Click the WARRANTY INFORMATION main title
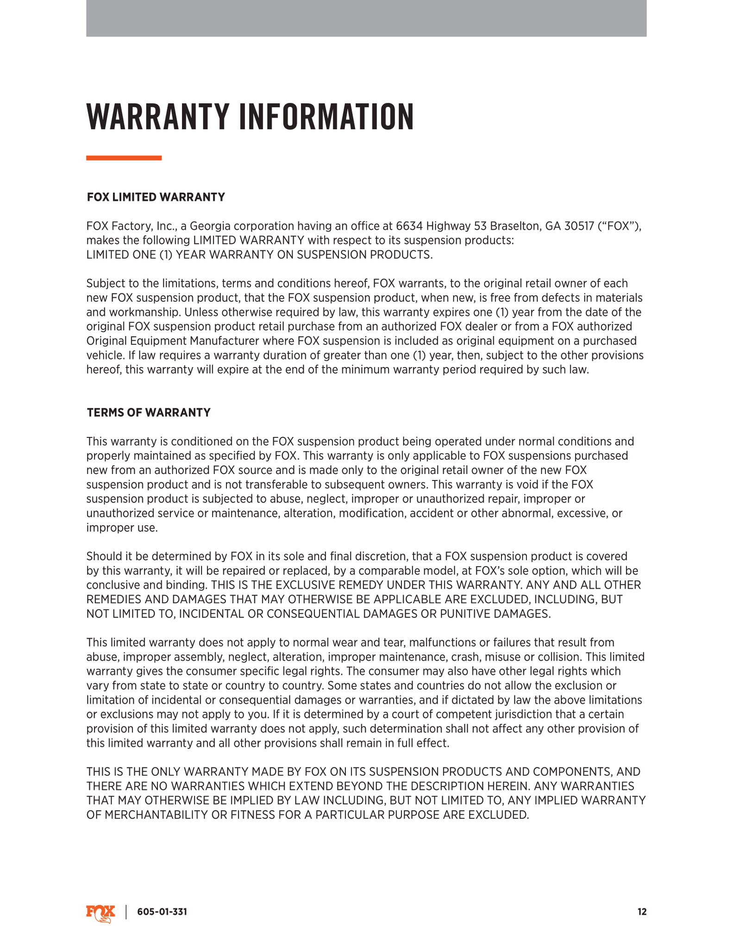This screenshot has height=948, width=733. coord(250,117)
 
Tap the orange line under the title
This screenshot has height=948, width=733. coord(124,158)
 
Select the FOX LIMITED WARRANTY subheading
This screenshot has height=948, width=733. coord(156,197)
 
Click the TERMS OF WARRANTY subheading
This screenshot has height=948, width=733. coord(149,412)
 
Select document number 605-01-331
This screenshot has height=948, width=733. coord(162,912)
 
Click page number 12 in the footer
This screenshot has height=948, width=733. coord(642,912)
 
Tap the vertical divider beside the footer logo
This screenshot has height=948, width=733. coord(126,912)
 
